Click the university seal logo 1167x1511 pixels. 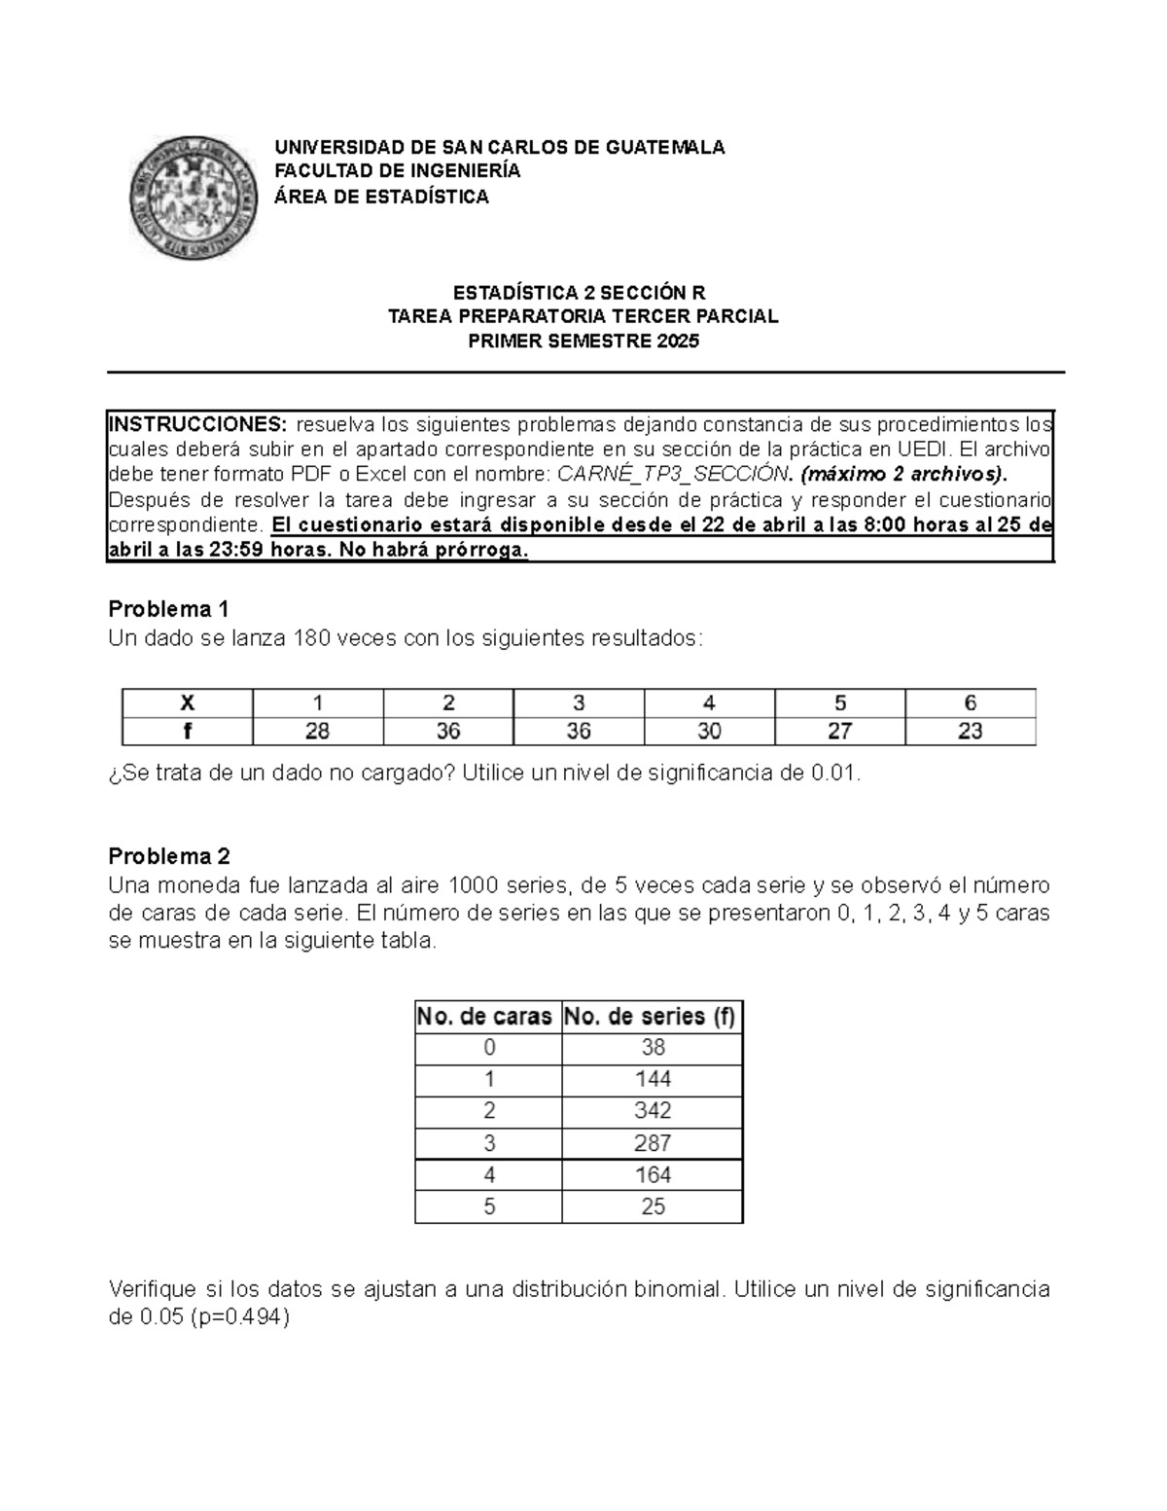click(x=194, y=195)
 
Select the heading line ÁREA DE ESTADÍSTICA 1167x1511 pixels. click(x=381, y=198)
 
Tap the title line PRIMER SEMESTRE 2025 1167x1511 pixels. click(x=583, y=342)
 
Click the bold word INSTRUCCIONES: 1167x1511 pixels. click(x=197, y=424)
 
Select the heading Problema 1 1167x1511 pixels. click(x=168, y=609)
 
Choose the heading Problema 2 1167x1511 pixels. click(x=169, y=856)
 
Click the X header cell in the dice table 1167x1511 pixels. click(x=187, y=702)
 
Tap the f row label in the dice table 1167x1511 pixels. click(x=187, y=731)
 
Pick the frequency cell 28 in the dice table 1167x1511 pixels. click(x=317, y=731)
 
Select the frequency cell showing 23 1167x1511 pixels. click(x=970, y=731)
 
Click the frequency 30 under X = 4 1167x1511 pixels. click(x=709, y=731)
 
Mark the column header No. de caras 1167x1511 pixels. click(x=485, y=1017)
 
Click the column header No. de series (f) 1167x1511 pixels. click(x=651, y=1017)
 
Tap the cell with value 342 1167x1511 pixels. click(x=653, y=1111)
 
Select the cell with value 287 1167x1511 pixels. click(x=653, y=1143)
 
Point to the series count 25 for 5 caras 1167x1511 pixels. click(x=653, y=1206)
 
